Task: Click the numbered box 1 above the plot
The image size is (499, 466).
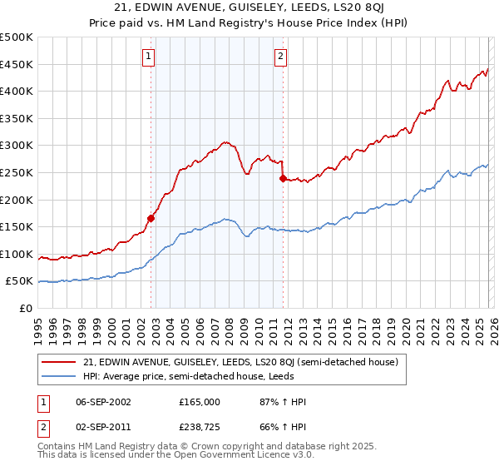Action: tap(148, 57)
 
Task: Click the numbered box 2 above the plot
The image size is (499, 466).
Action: tap(280, 57)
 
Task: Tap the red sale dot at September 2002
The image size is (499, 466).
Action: tap(151, 219)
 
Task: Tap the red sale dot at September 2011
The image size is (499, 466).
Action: tap(283, 178)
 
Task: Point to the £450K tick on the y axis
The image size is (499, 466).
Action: tap(17, 64)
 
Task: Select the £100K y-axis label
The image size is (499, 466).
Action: tap(17, 254)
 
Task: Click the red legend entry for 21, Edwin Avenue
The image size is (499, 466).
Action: tap(241, 362)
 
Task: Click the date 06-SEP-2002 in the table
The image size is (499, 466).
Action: tap(101, 401)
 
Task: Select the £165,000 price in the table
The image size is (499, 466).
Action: tap(199, 401)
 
